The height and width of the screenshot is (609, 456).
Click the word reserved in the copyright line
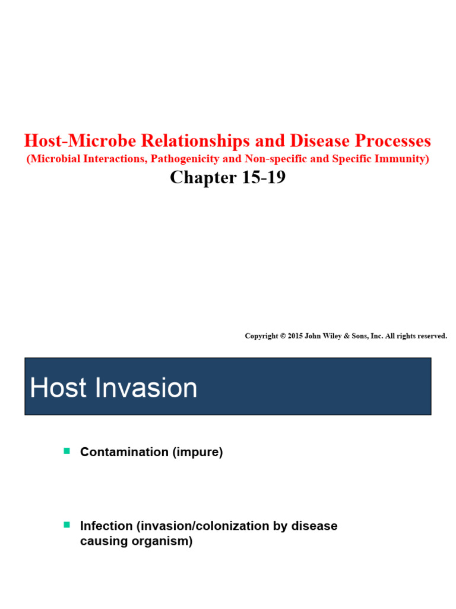click(430, 336)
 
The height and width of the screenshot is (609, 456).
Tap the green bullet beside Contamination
click(66, 451)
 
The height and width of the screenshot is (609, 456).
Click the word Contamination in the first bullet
click(124, 452)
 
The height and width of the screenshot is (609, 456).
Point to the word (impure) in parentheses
click(198, 452)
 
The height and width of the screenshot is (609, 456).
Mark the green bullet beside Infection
click(66, 525)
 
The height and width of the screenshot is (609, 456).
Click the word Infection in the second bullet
click(106, 526)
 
